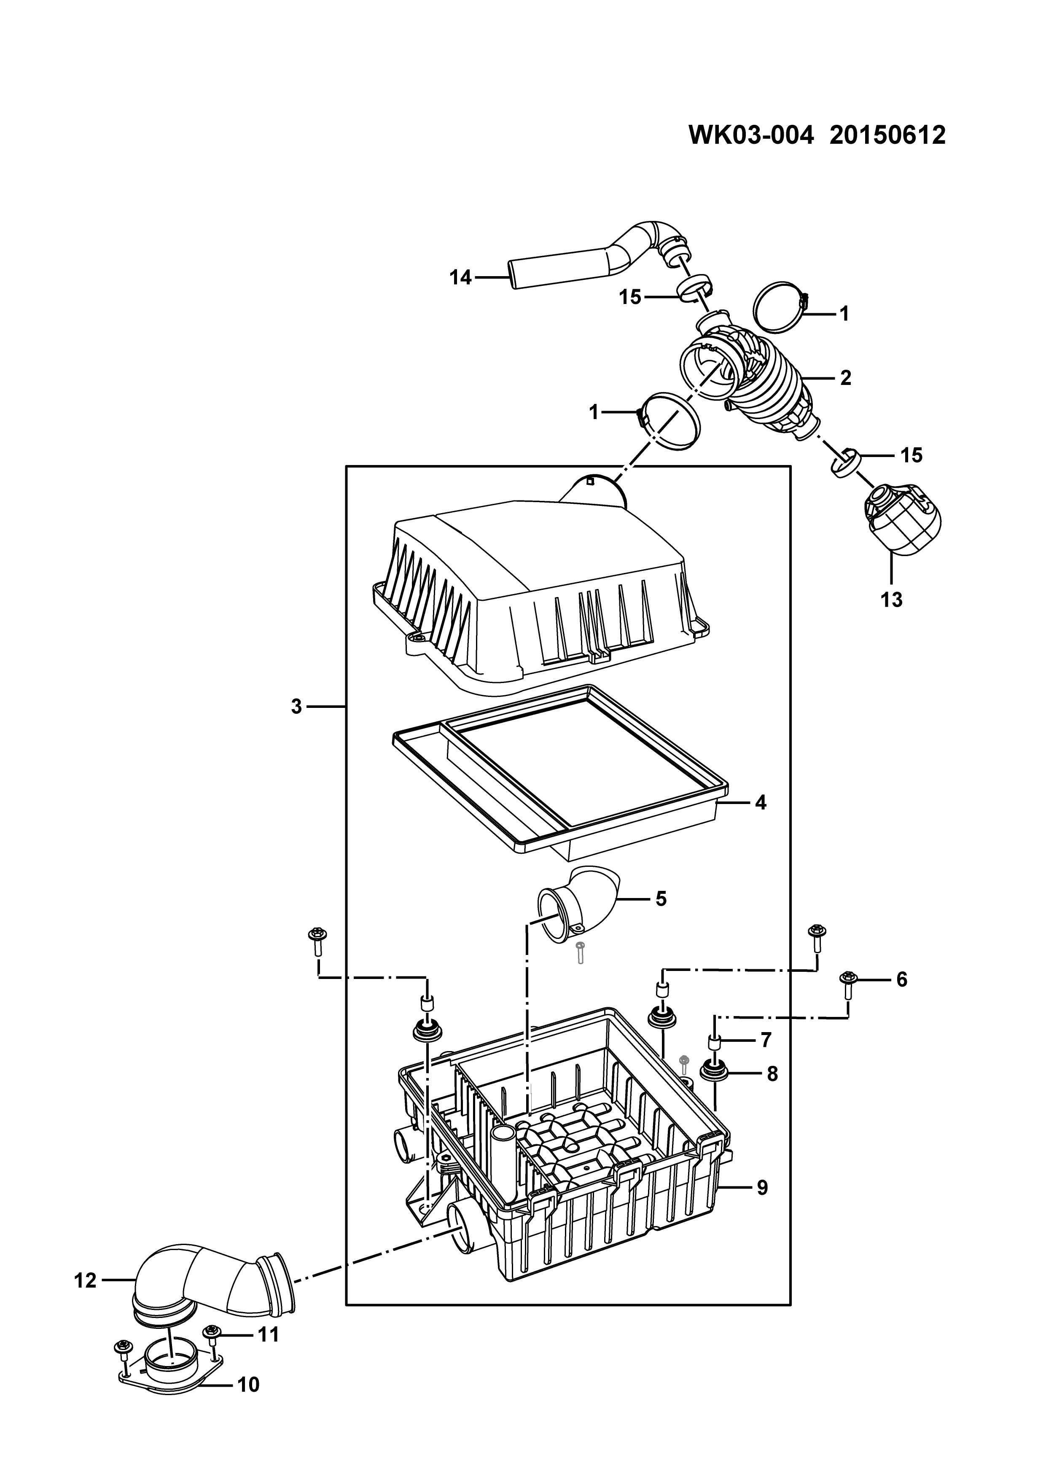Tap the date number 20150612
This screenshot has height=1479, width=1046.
(887, 136)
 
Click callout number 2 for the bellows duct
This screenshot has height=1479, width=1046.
(846, 378)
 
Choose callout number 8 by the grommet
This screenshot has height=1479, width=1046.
(772, 1074)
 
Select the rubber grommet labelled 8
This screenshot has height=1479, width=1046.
(713, 1073)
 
